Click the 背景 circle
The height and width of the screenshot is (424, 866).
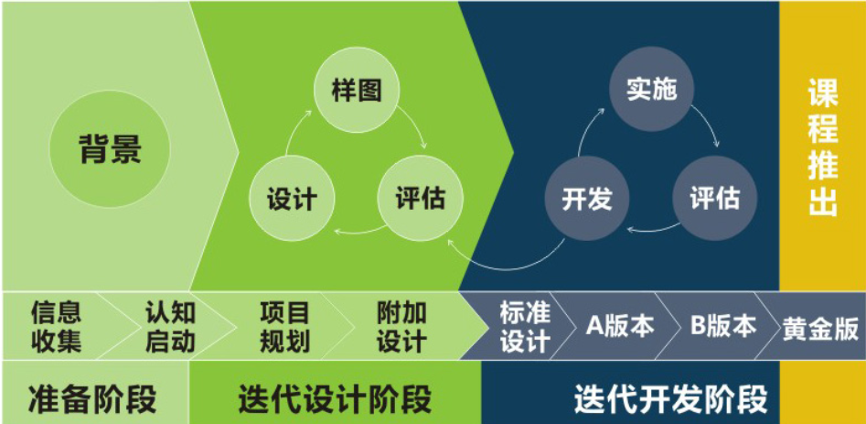110,149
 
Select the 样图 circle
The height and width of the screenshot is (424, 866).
357,91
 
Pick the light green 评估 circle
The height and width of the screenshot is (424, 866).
421,198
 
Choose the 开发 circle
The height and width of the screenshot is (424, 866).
587,198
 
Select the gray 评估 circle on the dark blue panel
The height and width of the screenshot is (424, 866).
715,198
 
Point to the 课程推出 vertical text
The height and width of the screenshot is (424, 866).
823,147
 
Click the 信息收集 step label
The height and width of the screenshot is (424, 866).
57,327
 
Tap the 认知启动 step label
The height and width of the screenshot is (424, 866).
170,327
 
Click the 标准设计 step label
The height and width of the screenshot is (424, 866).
525,327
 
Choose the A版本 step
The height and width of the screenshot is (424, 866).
620,326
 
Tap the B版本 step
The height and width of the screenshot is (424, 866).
723,326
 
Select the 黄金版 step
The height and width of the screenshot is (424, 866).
820,329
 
